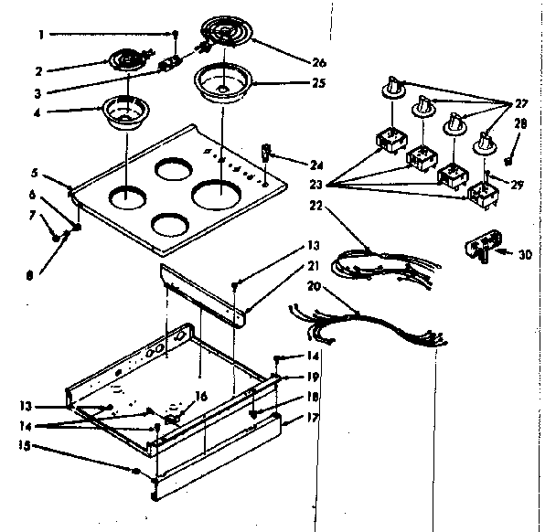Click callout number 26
(319, 62)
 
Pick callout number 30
(523, 254)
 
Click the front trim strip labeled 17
(219, 467)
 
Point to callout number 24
(316, 165)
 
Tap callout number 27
(521, 103)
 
